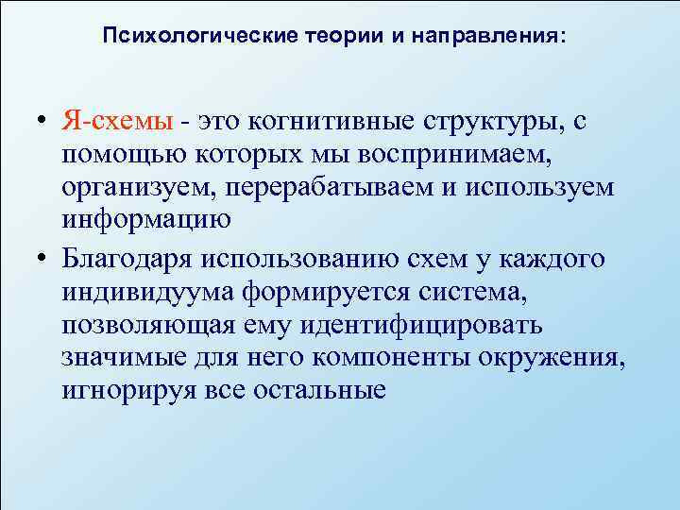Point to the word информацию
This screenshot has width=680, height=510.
[144, 220]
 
